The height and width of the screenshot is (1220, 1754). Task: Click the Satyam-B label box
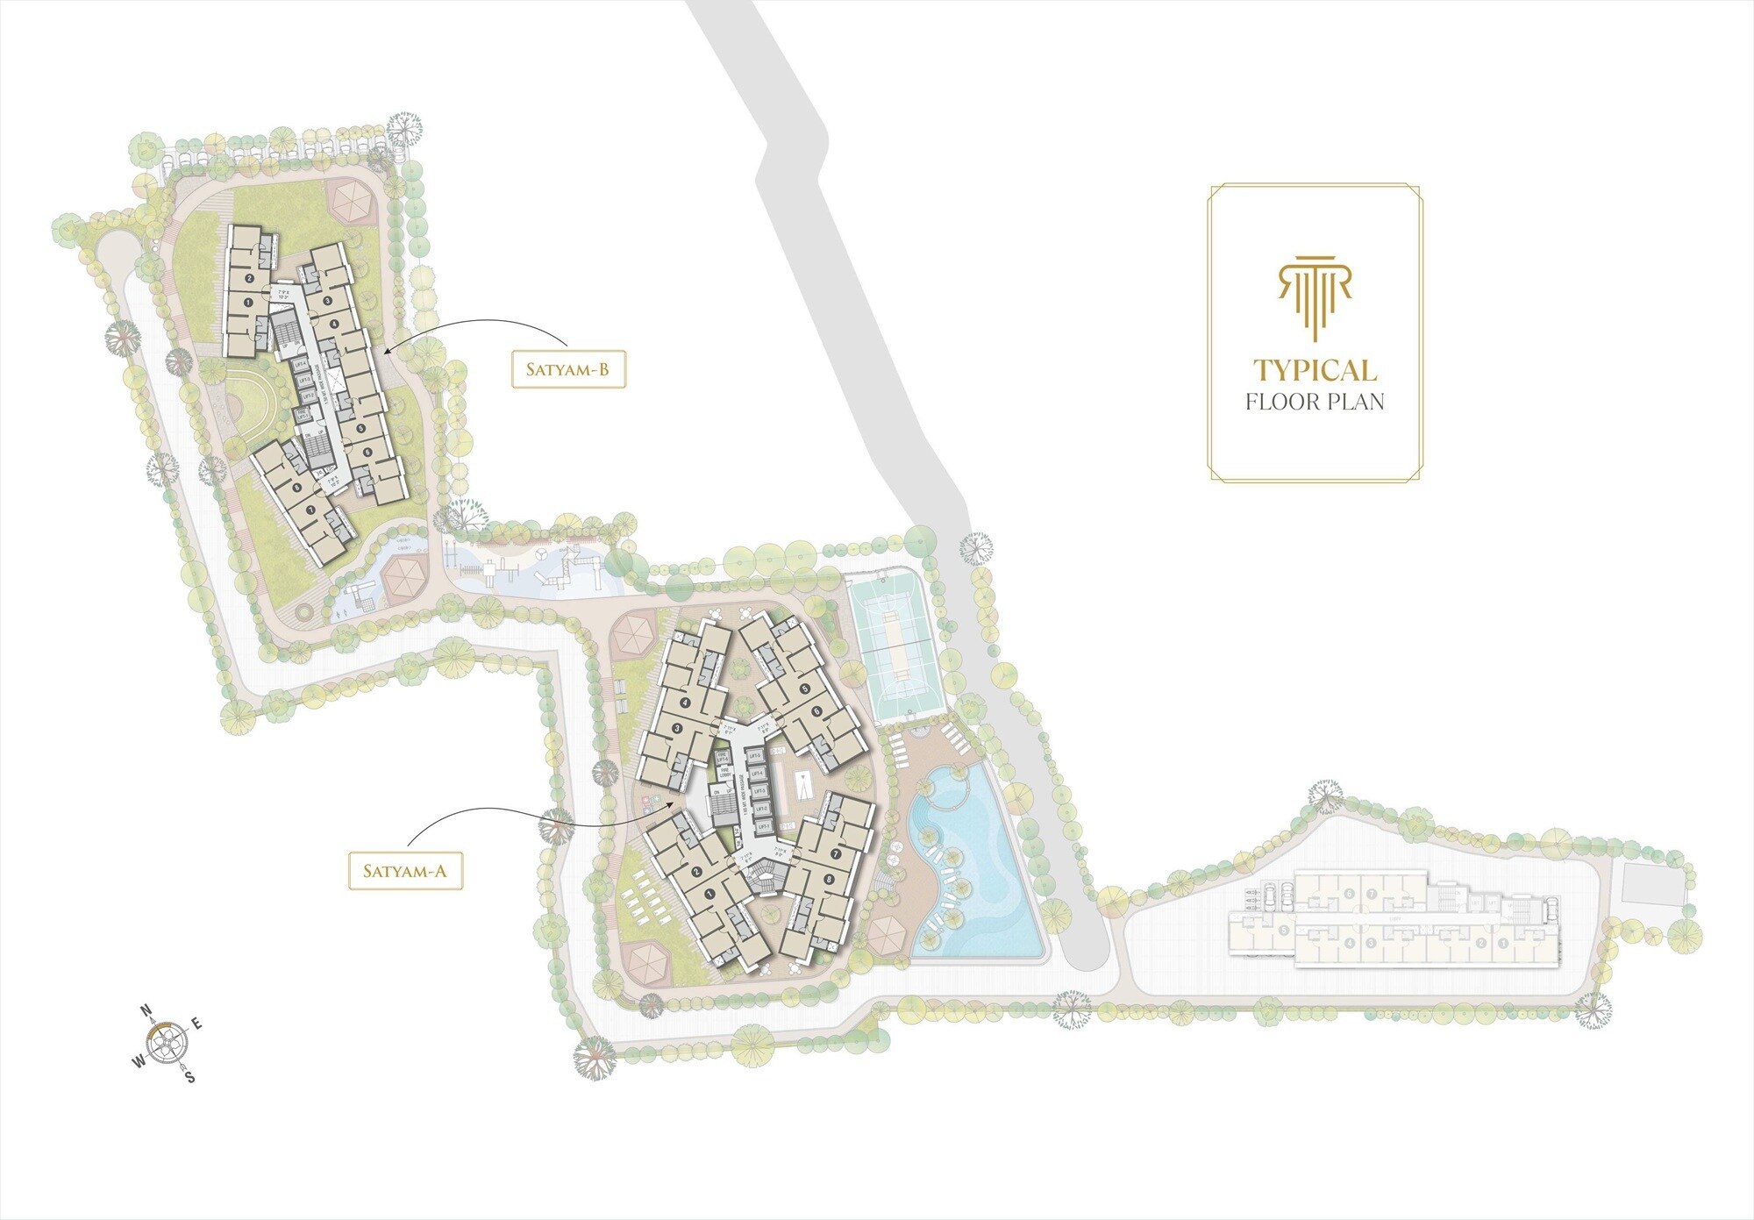coord(567,369)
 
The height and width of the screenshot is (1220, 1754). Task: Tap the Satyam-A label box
coord(404,871)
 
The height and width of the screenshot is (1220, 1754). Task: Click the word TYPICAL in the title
coord(1315,371)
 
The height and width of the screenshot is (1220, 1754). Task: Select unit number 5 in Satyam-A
coord(804,688)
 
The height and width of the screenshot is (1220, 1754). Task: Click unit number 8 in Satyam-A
coord(828,878)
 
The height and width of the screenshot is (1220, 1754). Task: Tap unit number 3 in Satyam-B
coord(326,301)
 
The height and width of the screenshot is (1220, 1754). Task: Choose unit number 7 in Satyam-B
coord(310,510)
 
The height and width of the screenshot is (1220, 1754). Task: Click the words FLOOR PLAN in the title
coord(1315,403)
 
